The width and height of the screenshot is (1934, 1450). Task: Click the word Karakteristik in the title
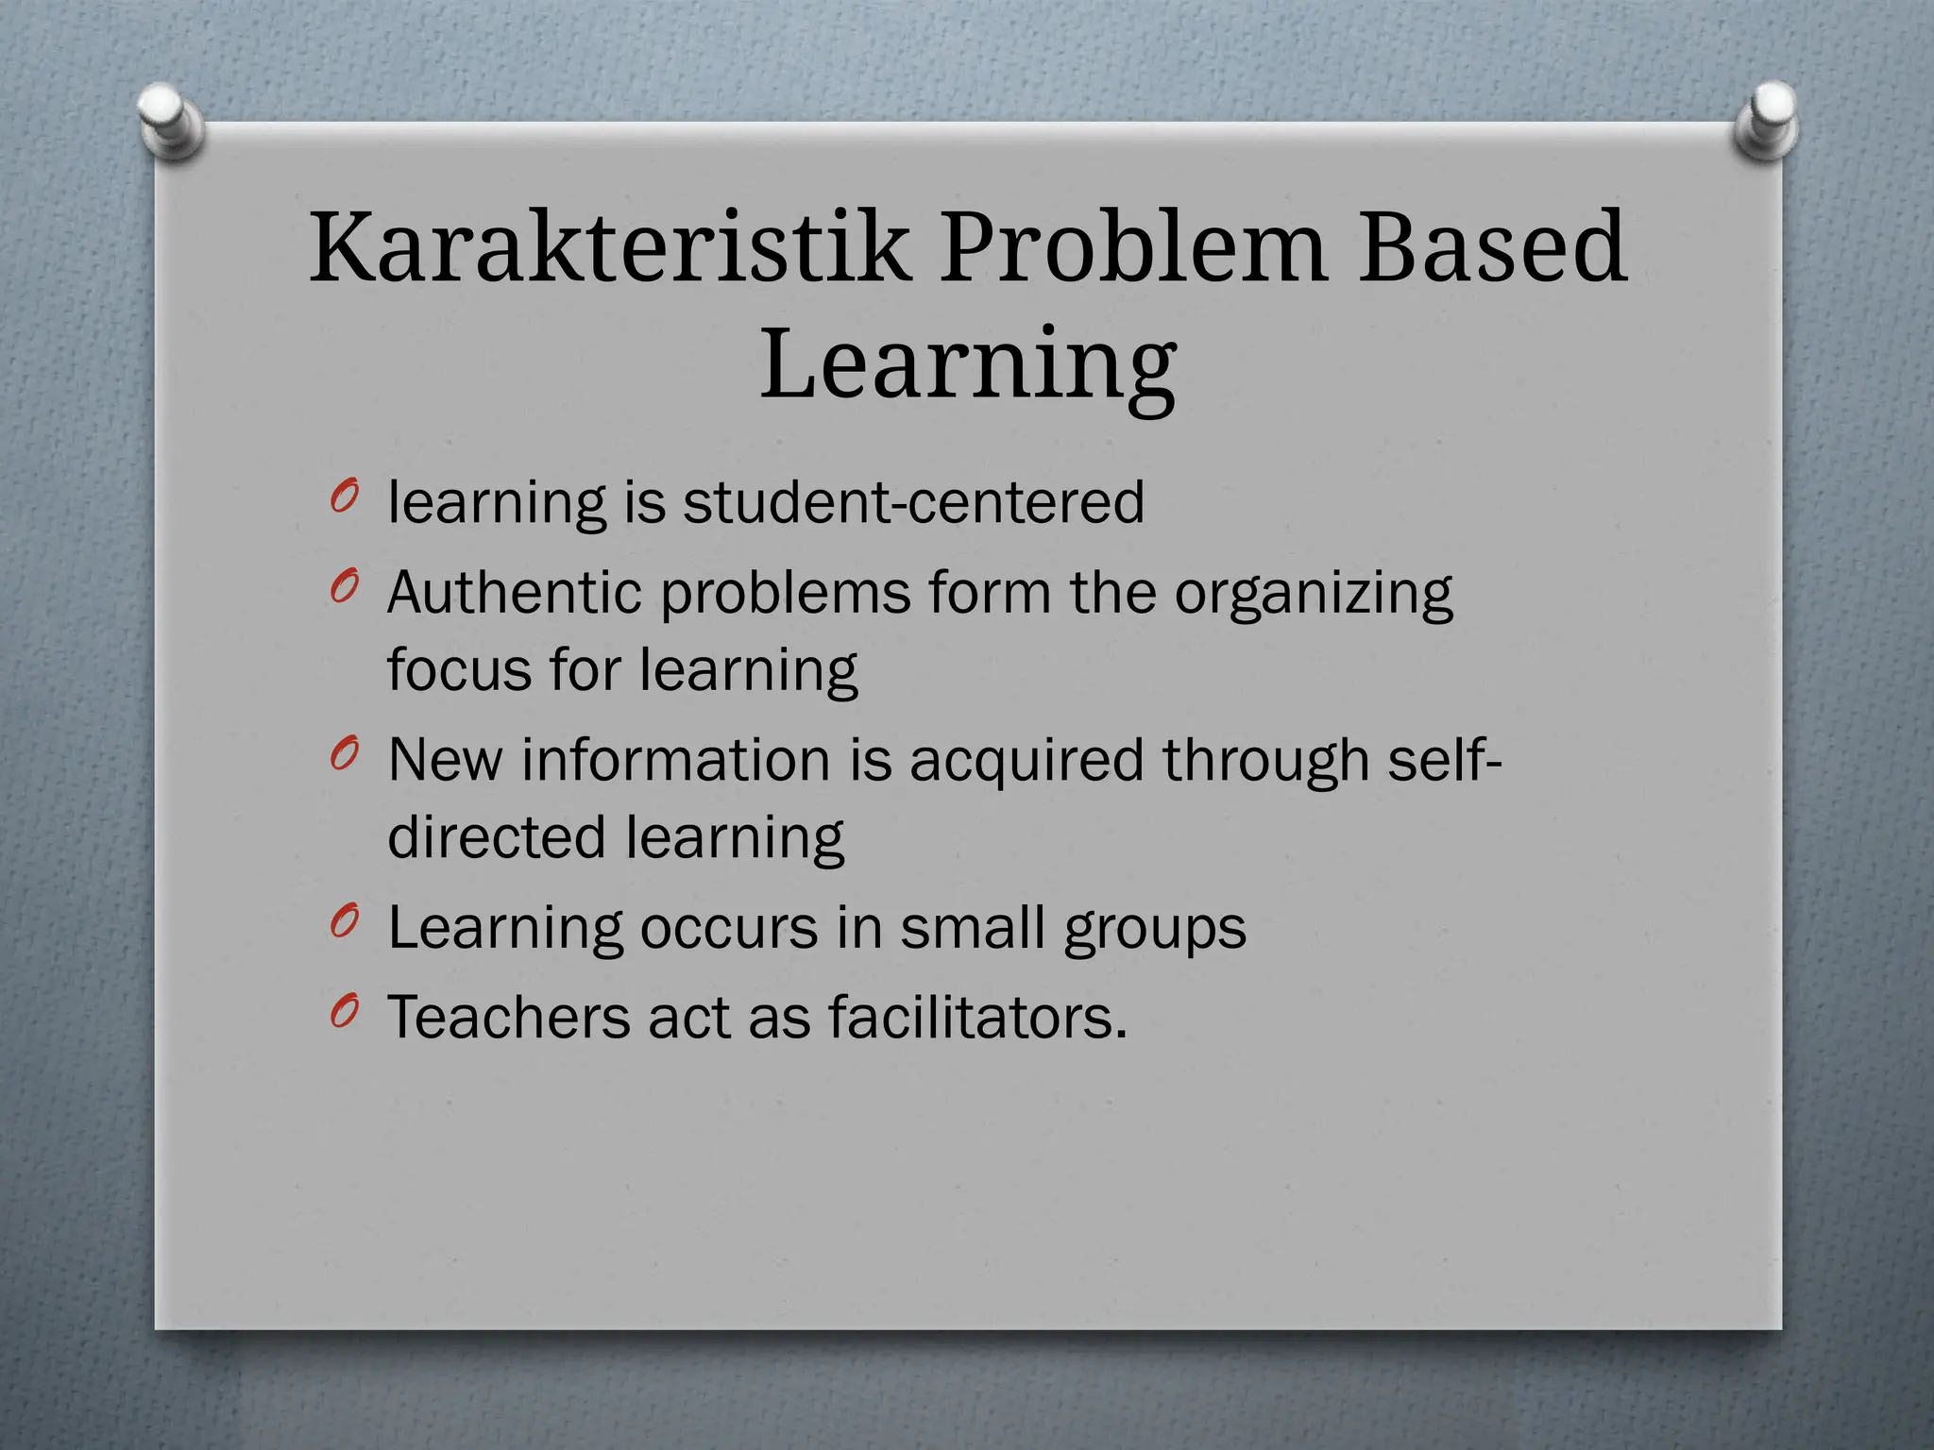pos(609,247)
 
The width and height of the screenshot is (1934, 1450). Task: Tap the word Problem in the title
pos(1133,247)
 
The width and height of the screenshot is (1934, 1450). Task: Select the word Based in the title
pos(1492,247)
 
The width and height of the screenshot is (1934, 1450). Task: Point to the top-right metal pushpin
pos(1767,120)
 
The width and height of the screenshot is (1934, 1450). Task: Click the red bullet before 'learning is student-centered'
pos(346,497)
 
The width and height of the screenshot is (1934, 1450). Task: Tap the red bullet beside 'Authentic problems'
pos(346,587)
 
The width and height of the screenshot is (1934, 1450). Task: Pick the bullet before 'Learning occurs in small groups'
pos(346,921)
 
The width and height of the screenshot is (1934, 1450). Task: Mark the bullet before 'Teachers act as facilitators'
pos(346,1012)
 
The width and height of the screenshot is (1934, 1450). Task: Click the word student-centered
pos(913,502)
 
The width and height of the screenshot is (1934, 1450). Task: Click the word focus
pos(459,670)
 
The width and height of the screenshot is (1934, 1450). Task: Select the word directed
pos(497,837)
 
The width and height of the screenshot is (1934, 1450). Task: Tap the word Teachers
pos(508,1018)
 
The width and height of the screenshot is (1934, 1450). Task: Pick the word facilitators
pos(977,1018)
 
